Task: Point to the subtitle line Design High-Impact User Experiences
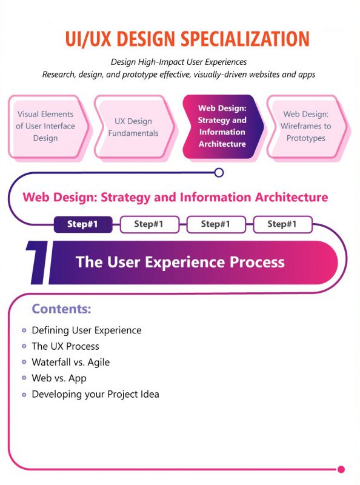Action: [179, 62]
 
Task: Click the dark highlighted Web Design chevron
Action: [222, 126]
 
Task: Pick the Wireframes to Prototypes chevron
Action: [306, 126]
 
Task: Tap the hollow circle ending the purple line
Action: [219, 172]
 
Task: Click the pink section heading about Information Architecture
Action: [175, 197]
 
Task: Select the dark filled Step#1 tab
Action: [84, 224]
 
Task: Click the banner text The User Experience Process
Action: [180, 262]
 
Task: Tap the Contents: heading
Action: [61, 309]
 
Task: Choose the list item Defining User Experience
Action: [86, 330]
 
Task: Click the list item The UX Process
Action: [65, 346]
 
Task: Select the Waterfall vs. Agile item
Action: [70, 362]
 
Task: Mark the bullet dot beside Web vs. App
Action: [24, 378]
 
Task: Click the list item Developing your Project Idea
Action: [95, 394]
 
